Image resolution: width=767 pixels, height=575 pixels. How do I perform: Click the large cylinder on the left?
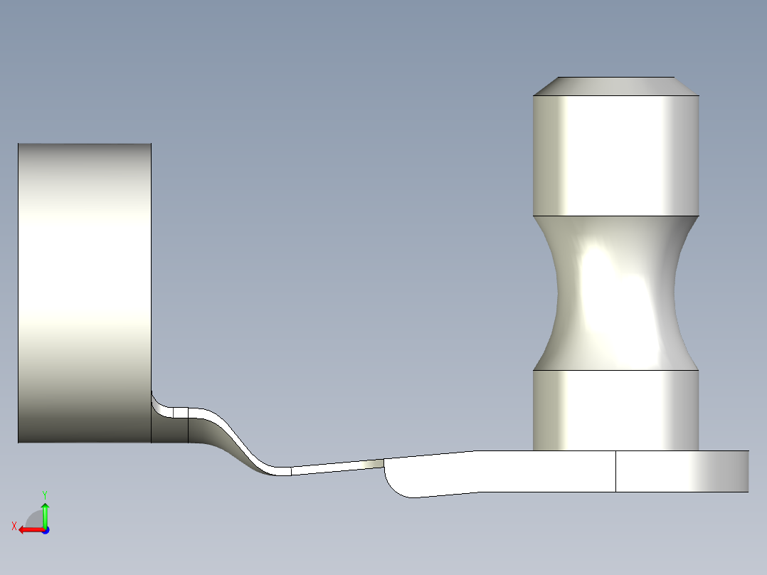pos(84,292)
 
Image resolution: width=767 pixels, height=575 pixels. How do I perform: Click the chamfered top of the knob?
pos(616,86)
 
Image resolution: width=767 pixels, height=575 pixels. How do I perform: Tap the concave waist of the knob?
pos(616,292)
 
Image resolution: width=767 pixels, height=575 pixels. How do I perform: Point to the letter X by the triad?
pos(14,526)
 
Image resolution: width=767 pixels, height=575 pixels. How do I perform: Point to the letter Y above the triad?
pos(45,494)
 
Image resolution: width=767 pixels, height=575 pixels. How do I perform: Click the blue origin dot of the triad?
pos(45,529)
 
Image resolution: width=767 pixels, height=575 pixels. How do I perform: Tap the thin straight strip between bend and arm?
pos(334,466)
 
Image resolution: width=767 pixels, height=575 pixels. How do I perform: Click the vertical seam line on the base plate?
pos(615,471)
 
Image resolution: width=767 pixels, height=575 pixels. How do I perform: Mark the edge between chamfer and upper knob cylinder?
pos(616,95)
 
